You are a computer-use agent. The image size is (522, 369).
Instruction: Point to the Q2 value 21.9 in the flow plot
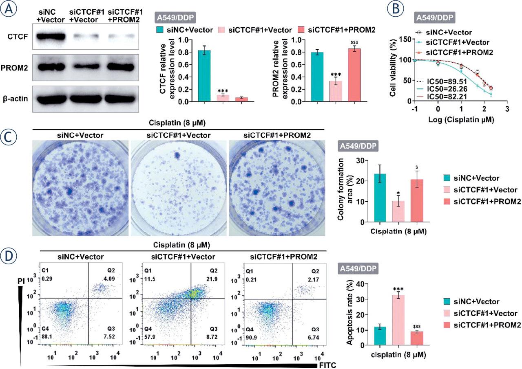[x=215, y=280]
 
